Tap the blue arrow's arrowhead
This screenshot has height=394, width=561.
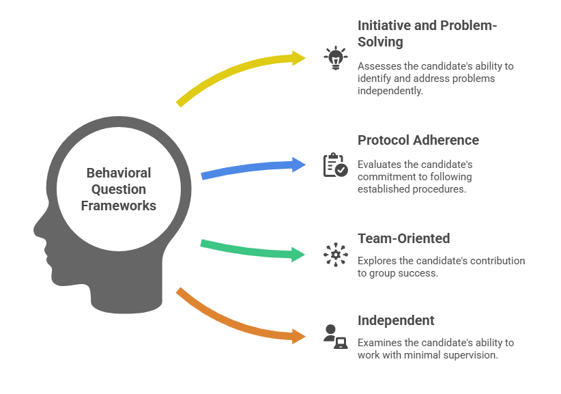(x=299, y=165)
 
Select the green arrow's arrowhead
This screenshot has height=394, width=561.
(x=299, y=255)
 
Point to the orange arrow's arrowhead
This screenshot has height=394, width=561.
(x=299, y=335)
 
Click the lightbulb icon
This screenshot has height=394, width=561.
(x=335, y=57)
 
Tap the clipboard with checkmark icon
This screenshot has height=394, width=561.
(x=335, y=165)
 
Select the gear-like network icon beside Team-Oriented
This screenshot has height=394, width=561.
(x=335, y=255)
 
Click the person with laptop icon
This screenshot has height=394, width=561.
(x=335, y=335)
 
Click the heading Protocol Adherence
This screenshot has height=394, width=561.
(x=418, y=140)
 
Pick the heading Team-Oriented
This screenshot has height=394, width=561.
(x=403, y=238)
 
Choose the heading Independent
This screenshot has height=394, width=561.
(x=396, y=320)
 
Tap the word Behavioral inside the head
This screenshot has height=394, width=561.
(x=118, y=173)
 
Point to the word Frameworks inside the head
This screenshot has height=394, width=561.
(x=118, y=205)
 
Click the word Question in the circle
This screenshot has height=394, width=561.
(x=118, y=189)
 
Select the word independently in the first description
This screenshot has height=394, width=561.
(x=390, y=91)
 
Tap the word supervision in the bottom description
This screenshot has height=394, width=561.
(x=474, y=355)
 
